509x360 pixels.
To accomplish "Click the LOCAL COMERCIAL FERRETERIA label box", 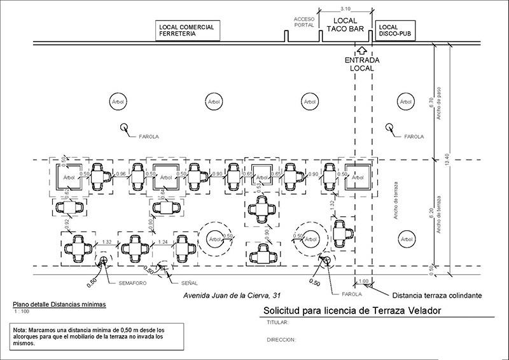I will point(188,31).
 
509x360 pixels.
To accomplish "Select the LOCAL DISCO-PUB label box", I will point(395,31).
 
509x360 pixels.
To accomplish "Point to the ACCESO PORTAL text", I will point(304,22).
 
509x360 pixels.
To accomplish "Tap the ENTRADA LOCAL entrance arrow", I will point(363,50).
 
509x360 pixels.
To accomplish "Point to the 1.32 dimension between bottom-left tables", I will point(108,242).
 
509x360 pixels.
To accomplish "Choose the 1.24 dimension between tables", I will point(163,242).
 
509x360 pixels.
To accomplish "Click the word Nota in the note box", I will point(21,331).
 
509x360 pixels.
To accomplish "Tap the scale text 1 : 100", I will point(23,312).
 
